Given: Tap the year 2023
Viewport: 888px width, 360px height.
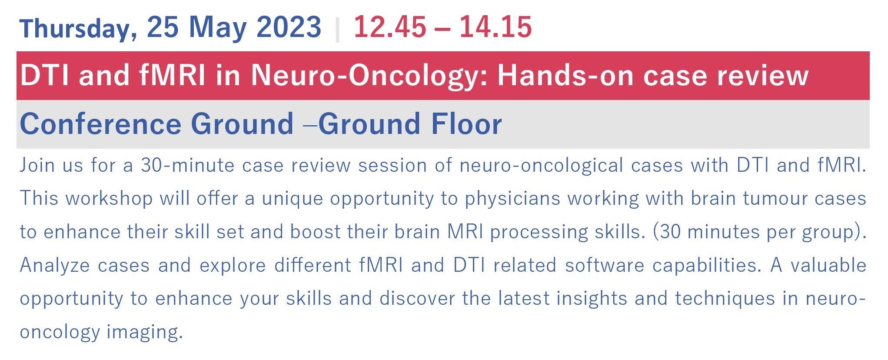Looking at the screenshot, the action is coord(289,27).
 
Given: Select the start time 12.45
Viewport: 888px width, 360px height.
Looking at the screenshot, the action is coord(390,27).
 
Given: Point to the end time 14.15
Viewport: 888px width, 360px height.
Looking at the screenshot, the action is coord(496,27).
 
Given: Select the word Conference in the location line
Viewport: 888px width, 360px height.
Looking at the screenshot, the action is coord(100,124).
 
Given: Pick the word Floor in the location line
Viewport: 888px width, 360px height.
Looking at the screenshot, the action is coord(466,124).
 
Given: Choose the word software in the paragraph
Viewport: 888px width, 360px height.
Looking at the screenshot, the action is coord(605,265).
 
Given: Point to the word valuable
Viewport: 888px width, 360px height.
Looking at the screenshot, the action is coord(828,265).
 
